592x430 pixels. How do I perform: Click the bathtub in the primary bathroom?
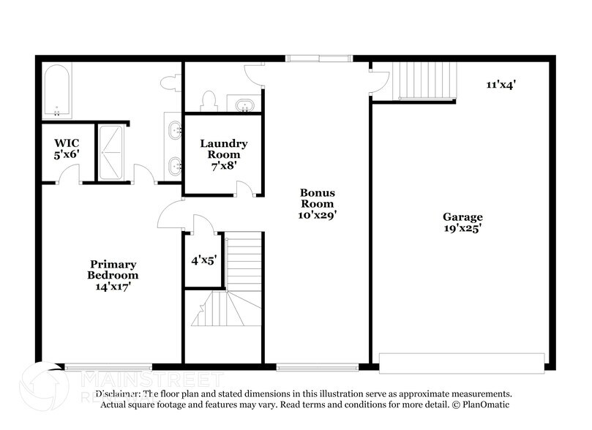56,91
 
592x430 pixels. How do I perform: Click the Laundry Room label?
224,149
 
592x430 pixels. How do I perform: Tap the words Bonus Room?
317,197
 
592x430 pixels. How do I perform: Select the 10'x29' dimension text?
317,216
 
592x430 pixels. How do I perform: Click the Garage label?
462,216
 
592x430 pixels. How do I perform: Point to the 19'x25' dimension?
462,228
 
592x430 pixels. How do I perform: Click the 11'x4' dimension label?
501,84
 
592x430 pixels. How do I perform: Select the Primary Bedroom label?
113,269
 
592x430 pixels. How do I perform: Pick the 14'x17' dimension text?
113,287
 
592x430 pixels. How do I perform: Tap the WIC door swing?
69,173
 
